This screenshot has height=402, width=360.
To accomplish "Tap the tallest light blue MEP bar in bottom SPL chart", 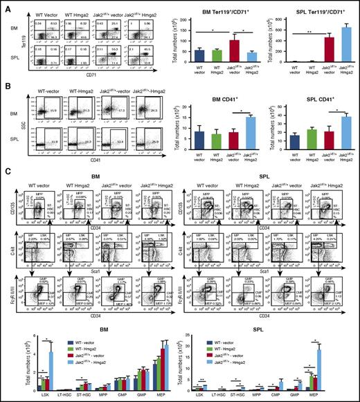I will click(x=339, y=371).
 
